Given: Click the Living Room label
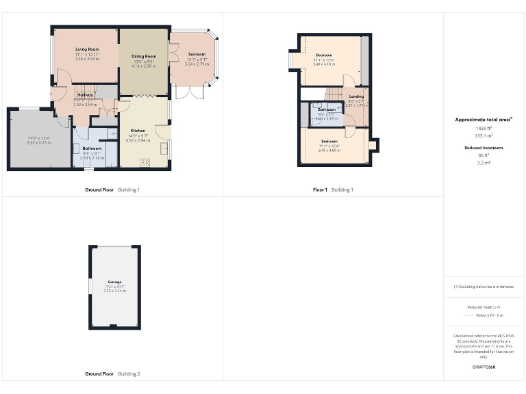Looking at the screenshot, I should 87,50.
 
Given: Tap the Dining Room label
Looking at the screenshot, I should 144,56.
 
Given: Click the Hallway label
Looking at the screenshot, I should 86,94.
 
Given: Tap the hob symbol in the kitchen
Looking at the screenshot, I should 145,162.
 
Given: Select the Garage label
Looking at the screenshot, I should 114,282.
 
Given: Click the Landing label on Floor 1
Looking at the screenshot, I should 356,96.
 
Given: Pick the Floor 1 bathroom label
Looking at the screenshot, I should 327,109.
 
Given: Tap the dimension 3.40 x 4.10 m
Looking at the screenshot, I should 324,64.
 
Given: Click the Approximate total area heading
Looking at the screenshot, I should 484,120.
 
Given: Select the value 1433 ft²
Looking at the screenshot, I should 484,128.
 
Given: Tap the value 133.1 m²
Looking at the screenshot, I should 484,135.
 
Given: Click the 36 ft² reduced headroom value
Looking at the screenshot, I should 484,155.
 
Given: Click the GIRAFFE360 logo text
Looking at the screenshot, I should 484,367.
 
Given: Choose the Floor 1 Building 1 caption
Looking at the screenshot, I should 333,189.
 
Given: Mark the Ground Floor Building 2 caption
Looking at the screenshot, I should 112,374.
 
